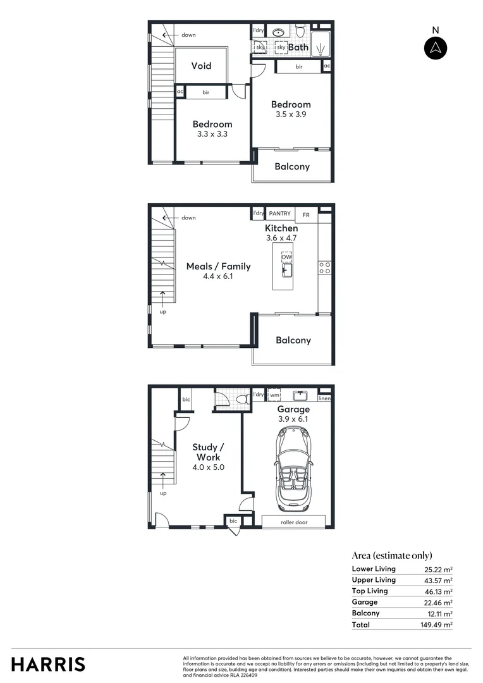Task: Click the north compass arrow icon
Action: click(435, 48)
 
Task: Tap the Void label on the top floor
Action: click(201, 66)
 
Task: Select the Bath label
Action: click(298, 47)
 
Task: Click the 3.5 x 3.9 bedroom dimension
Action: click(291, 114)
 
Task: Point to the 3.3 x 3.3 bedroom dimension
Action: click(212, 134)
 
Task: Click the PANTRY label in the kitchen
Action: click(279, 214)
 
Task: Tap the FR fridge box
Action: click(306, 215)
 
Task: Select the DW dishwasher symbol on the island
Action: click(286, 257)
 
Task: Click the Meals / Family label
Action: click(218, 266)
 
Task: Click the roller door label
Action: click(293, 522)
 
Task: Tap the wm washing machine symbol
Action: click(274, 395)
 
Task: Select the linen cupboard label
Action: click(324, 398)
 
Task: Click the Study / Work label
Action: click(208, 452)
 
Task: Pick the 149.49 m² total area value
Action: click(438, 625)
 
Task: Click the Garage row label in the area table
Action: click(365, 602)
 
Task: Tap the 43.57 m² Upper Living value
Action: click(438, 580)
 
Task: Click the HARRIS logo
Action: click(48, 664)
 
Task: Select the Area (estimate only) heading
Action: click(391, 555)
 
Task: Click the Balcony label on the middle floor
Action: click(293, 340)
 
